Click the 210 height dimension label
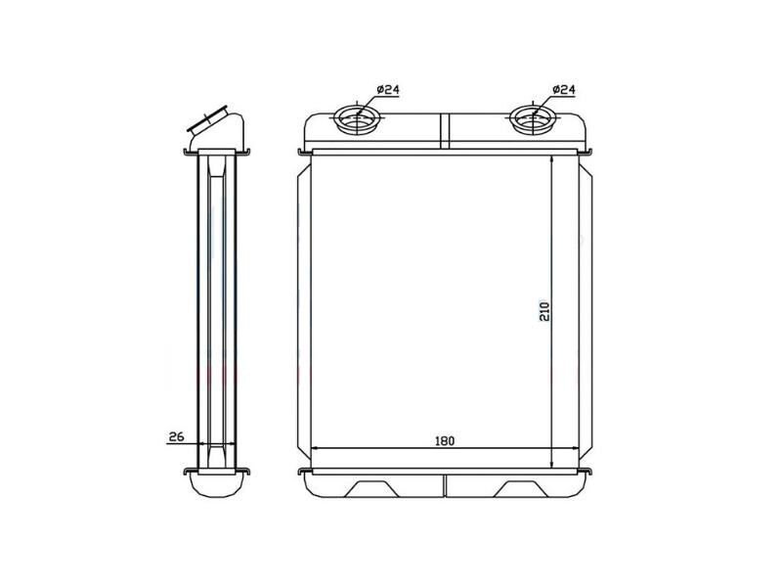[x=544, y=311]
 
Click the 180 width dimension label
[x=445, y=441]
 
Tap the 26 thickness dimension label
[x=176, y=436]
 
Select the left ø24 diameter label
[x=388, y=90]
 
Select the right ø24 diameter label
[x=564, y=90]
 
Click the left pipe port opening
[x=357, y=119]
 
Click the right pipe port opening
[x=533, y=119]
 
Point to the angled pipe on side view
[x=215, y=128]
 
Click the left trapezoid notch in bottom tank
[x=371, y=488]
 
